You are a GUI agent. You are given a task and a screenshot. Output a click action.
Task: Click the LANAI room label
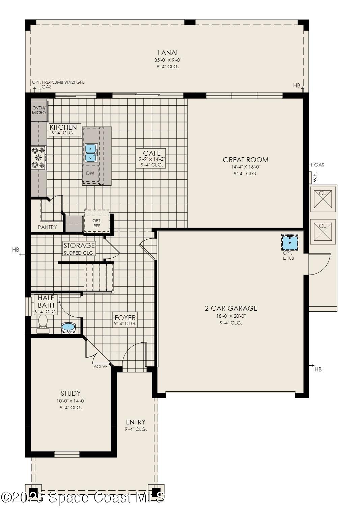click(168, 53)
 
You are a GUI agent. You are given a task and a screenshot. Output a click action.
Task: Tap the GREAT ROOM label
click(245, 160)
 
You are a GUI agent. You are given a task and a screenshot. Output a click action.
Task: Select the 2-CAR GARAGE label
click(231, 308)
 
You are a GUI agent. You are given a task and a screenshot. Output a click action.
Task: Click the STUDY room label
click(71, 393)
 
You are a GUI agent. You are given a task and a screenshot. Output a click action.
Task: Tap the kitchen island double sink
click(91, 153)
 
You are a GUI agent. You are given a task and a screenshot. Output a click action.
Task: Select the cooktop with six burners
click(38, 157)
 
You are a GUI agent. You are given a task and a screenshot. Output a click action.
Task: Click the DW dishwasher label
click(90, 173)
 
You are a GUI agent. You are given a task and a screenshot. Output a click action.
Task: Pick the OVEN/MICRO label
click(39, 110)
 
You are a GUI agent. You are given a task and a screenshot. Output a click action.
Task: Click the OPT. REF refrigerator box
click(97, 223)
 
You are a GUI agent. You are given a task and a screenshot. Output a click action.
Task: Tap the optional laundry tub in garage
click(290, 242)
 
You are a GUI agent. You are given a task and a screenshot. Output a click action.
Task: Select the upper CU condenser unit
click(323, 199)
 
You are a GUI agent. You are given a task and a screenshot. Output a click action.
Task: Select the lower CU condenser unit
click(323, 231)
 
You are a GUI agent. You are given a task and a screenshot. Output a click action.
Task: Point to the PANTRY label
click(47, 227)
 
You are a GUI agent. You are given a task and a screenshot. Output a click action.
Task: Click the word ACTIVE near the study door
click(101, 366)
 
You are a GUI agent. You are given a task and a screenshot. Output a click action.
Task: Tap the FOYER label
click(125, 318)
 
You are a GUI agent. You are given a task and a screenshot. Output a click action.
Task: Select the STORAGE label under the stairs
click(79, 245)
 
